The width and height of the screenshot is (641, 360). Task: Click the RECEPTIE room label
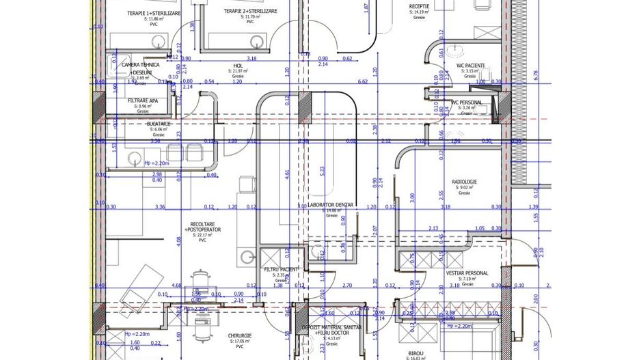[419, 5]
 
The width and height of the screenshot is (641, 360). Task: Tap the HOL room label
[238, 66]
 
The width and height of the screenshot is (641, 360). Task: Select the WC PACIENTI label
[470, 66]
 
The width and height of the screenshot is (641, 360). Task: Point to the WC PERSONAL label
[467, 102]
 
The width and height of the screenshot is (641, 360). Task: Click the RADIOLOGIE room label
[464, 181]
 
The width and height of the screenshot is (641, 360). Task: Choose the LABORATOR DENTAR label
[331, 205]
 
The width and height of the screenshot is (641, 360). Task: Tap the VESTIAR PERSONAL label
[467, 273]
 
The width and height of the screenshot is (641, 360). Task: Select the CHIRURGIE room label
[240, 335]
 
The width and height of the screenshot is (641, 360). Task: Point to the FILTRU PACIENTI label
[281, 270]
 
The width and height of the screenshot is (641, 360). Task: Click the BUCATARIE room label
[159, 124]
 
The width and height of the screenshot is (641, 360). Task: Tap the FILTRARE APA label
[143, 100]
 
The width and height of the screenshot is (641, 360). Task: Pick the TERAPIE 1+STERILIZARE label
[154, 13]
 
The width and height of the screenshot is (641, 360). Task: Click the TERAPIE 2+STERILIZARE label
[250, 12]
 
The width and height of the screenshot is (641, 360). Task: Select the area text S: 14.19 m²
[420, 12]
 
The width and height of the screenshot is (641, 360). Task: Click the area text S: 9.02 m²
[464, 187]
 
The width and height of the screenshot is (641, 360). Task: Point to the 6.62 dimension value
[363, 82]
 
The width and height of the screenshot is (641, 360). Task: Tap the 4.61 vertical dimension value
[288, 173]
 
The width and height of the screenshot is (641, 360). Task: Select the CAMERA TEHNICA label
[141, 64]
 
